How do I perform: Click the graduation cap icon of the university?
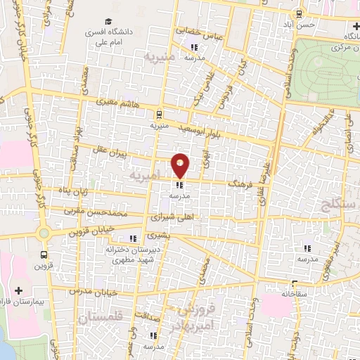coord(108,21)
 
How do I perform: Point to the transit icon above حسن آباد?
coord(300,13)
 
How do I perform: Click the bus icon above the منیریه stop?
coord(158,114)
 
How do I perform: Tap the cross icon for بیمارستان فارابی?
coord(18,290)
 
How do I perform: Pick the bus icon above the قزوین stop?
coord(45,255)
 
